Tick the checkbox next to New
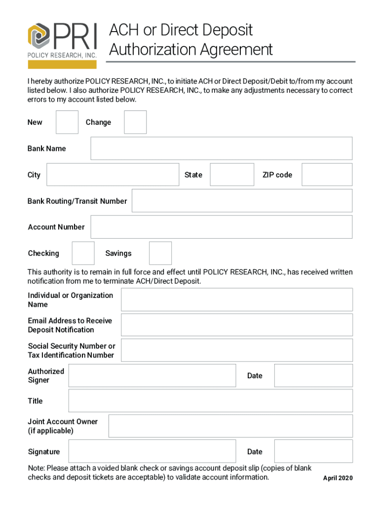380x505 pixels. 67,122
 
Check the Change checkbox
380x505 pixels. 135,122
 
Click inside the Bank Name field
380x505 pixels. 221,148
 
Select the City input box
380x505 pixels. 113,175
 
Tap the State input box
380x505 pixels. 232,175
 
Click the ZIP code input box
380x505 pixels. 327,175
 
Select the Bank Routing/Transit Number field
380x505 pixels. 242,201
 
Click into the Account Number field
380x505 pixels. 221,227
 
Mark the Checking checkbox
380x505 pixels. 83,253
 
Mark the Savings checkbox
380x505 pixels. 160,253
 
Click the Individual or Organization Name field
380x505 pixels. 237,300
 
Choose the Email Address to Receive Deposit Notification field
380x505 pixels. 237,325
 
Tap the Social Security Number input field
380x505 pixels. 237,350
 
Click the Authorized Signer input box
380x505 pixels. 152,375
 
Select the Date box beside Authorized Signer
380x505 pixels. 313,375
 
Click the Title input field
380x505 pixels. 210,400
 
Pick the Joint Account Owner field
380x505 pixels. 230,426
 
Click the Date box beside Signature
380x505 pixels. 313,451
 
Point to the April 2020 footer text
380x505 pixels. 338,478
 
